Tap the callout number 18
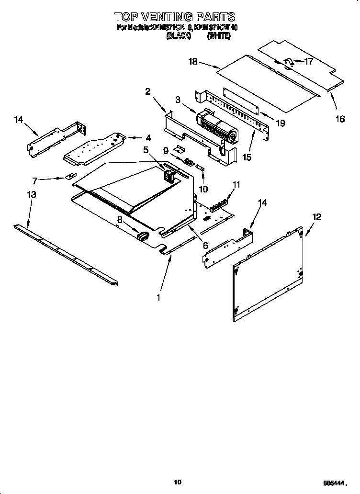coord(193,62)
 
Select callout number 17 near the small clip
coord(308,61)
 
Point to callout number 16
coord(339,119)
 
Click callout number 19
coord(281,123)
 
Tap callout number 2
coord(148,91)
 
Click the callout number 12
coord(317,217)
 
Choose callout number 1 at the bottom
coord(158,297)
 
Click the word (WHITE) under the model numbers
coord(219,35)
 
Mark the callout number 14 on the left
coord(18,120)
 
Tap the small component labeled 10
coord(200,168)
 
